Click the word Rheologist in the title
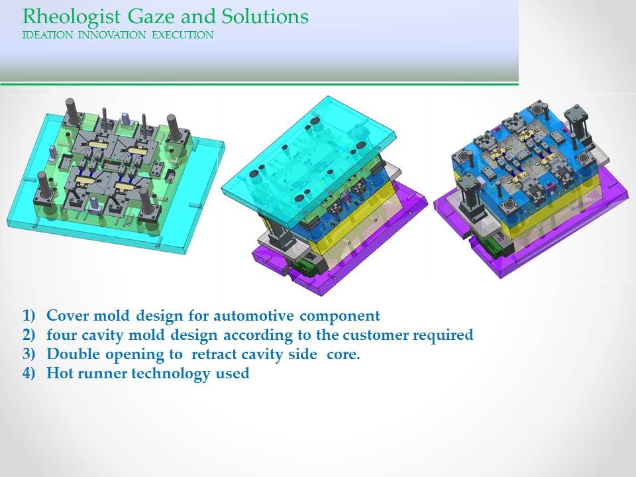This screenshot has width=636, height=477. click(x=72, y=17)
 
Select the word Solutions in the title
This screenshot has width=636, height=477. click(x=265, y=17)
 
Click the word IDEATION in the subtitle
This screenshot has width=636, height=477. click(x=48, y=35)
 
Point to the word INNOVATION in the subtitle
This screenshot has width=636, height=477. click(x=112, y=35)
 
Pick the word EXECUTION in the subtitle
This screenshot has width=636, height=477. click(x=183, y=35)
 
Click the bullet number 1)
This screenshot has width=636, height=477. click(x=29, y=315)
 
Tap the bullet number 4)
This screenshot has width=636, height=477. click(x=29, y=373)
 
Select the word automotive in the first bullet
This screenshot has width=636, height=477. click(x=254, y=315)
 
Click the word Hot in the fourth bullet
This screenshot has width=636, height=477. click(x=59, y=373)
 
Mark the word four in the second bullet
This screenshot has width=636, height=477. click(x=61, y=335)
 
